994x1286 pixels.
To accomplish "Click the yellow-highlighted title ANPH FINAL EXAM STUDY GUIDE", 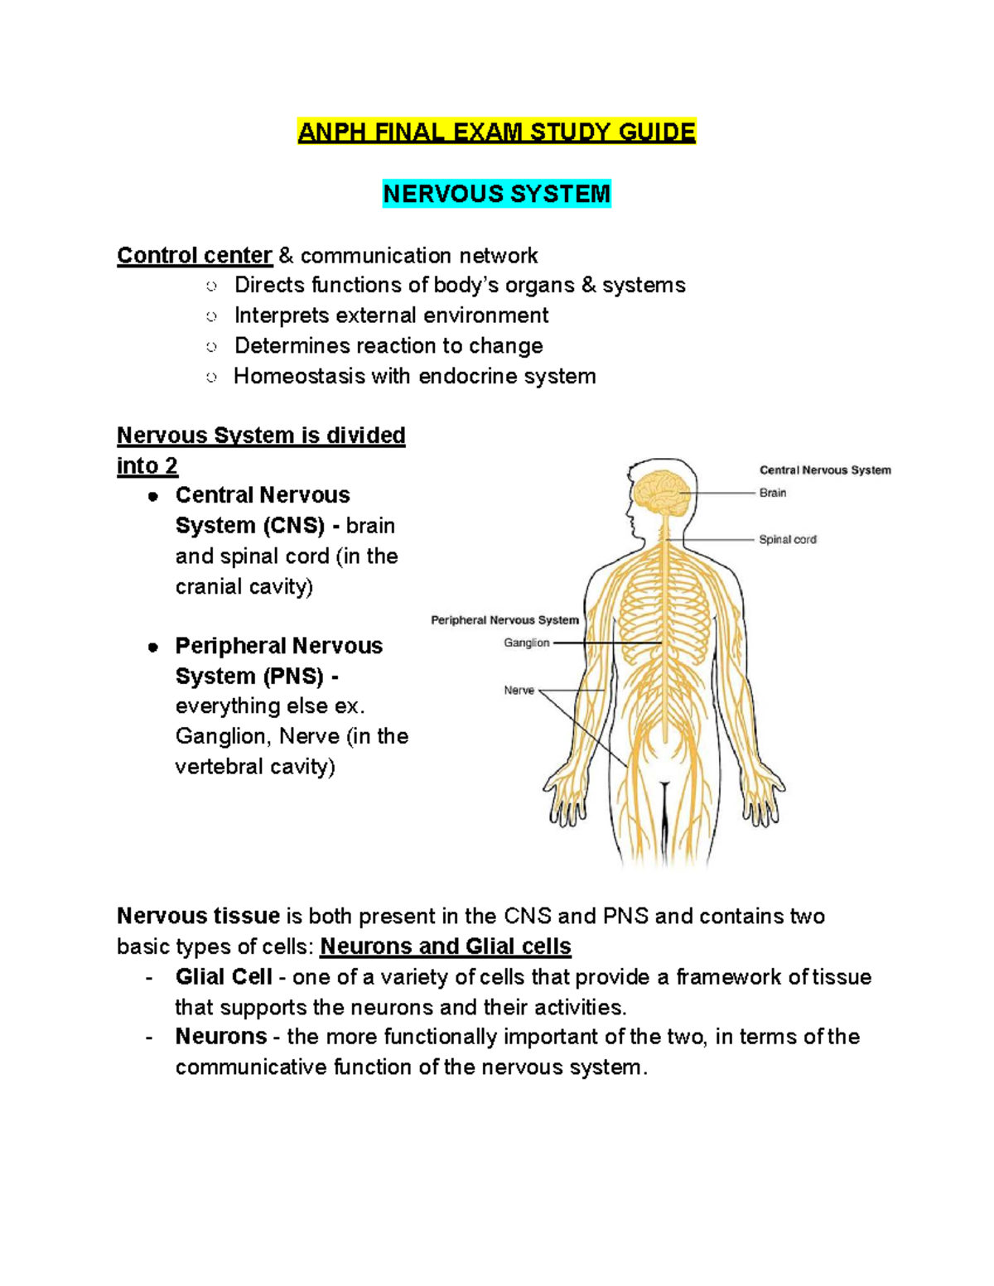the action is [497, 132].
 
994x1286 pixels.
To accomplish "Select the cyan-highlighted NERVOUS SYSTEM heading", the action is [497, 194].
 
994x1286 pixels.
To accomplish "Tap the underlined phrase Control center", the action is [195, 256].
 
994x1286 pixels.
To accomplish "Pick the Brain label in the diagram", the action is [773, 493].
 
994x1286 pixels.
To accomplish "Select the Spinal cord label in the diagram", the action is [788, 540].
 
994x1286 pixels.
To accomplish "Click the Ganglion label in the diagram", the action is [526, 643].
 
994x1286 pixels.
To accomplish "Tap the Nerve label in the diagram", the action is [519, 690].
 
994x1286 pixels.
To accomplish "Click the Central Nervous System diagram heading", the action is [825, 470].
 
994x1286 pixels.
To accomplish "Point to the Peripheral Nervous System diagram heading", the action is [505, 619].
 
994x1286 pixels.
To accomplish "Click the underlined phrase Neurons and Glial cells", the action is [445, 946].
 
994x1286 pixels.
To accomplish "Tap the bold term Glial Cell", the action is [224, 976].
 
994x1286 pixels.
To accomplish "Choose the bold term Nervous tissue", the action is [198, 916].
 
